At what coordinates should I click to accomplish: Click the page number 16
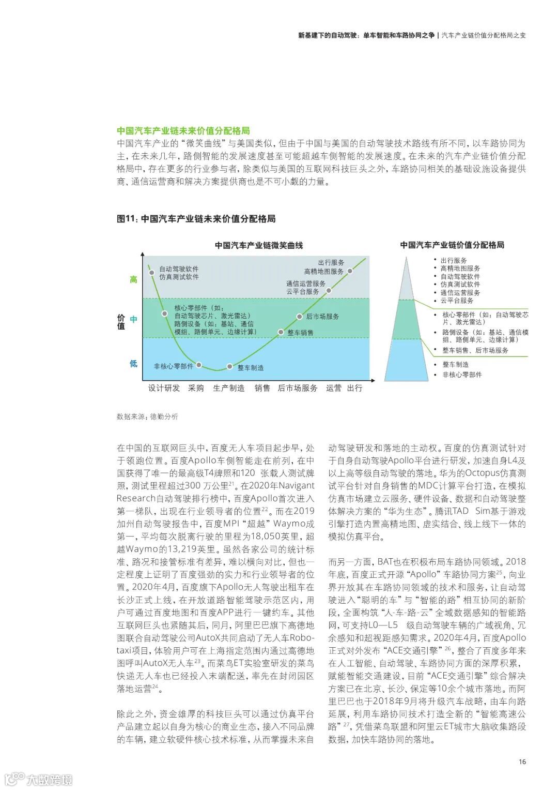tap(522, 762)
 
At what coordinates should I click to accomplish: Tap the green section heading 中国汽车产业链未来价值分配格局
tap(183, 131)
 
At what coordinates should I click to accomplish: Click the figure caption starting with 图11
tap(196, 219)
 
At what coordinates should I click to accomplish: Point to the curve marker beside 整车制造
tap(230, 367)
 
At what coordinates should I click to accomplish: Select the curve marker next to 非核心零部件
tap(197, 365)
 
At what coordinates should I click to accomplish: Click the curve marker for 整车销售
tap(281, 332)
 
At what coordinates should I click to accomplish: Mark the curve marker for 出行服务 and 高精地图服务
tap(350, 271)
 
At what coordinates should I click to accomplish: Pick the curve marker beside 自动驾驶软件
tap(151, 272)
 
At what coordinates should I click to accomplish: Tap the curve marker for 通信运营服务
tap(329, 290)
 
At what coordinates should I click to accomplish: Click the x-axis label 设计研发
tap(164, 388)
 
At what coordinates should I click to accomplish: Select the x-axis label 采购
tap(196, 388)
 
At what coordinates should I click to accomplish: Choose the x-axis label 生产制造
tap(229, 388)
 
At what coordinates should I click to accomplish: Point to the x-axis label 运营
tap(333, 388)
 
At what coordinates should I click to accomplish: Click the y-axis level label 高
tap(133, 279)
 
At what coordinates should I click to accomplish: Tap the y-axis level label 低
tap(133, 364)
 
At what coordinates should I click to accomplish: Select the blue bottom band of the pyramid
tap(407, 360)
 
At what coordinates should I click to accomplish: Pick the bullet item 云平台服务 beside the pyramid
tap(457, 301)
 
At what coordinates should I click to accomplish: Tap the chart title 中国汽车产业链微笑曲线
tap(259, 245)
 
